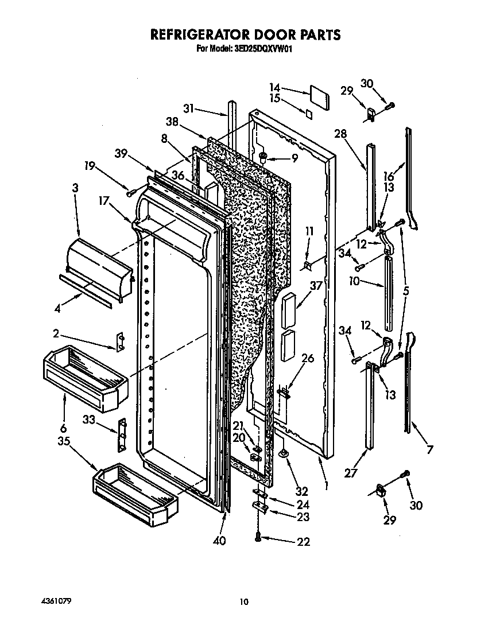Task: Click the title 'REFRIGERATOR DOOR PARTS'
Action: pyautogui.click(x=245, y=34)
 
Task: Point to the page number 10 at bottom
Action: pyautogui.click(x=244, y=601)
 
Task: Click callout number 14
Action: pyautogui.click(x=275, y=88)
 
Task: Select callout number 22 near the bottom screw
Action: pyautogui.click(x=304, y=542)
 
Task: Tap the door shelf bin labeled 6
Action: pyautogui.click(x=84, y=379)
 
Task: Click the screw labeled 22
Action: pyautogui.click(x=258, y=536)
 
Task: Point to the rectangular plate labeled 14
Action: pyautogui.click(x=319, y=97)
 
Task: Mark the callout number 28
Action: pyautogui.click(x=341, y=134)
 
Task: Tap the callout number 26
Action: pyautogui.click(x=308, y=359)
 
